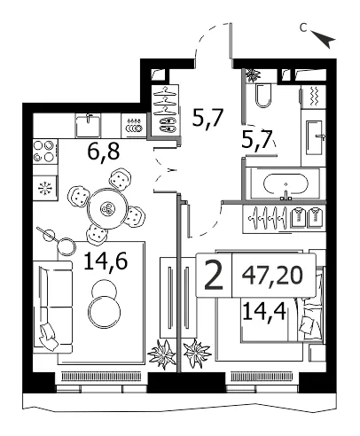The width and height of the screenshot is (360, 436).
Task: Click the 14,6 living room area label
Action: click(x=106, y=261)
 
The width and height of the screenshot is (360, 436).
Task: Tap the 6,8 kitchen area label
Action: click(x=104, y=152)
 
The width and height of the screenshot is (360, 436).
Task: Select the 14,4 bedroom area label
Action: click(x=264, y=312)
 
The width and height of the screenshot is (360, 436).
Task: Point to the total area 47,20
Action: click(x=272, y=275)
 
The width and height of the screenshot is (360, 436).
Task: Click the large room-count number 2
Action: click(x=214, y=276)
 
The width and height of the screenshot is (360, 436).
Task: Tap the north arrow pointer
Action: click(x=325, y=38)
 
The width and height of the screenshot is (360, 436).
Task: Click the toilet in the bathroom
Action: click(x=263, y=95)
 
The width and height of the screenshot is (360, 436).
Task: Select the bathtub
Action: click(x=286, y=183)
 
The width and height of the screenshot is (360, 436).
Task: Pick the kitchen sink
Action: click(x=88, y=126)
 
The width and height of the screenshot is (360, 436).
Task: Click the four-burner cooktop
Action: click(x=45, y=152)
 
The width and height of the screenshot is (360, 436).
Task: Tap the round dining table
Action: click(x=108, y=208)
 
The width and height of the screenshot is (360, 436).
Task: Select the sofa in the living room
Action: click(x=52, y=307)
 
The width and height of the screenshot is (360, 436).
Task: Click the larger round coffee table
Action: click(x=105, y=312)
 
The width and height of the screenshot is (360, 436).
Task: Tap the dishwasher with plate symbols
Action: click(x=134, y=126)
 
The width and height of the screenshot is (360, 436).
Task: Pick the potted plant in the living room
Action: click(x=161, y=354)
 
